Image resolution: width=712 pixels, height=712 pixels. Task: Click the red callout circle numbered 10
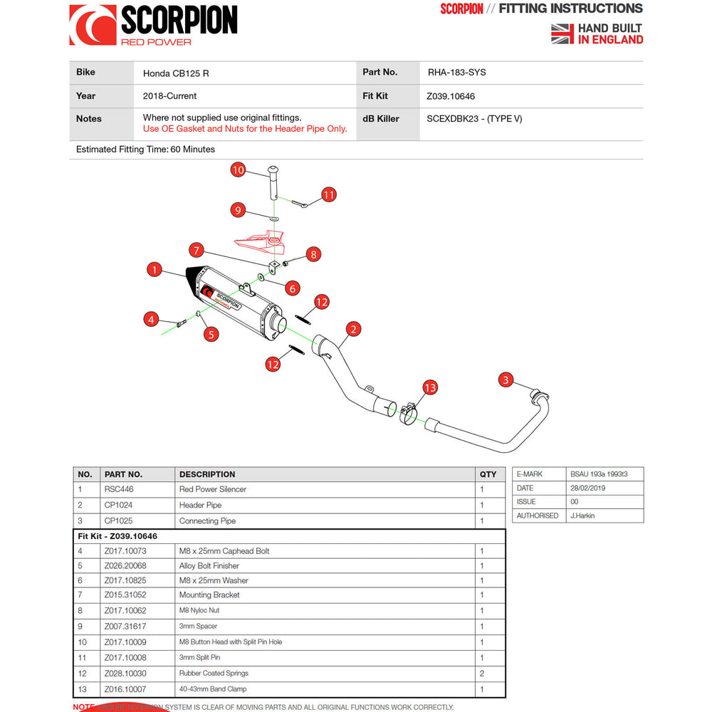coord(239,170)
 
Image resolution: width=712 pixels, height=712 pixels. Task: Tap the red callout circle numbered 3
coord(506,379)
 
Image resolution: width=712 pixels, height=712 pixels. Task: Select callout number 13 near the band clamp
coord(430,387)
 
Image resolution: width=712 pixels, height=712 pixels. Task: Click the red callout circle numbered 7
coord(197,250)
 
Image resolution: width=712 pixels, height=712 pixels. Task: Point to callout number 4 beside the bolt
coord(150,320)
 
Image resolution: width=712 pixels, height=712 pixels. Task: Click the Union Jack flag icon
coord(562,33)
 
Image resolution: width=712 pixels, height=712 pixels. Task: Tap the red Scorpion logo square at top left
coord(93,25)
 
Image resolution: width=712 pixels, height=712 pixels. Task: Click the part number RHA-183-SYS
coord(456,73)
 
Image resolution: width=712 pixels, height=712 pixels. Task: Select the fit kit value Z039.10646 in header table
coord(450,96)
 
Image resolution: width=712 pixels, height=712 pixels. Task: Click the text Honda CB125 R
coord(176,73)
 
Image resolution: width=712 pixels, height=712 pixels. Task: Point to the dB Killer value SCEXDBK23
coord(473,119)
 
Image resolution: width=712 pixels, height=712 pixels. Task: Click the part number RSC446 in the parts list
coord(119,490)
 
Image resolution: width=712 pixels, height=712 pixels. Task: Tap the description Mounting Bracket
coord(209,595)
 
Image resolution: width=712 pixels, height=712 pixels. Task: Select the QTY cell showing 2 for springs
coord(482,674)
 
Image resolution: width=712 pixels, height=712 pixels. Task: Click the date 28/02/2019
coord(589,488)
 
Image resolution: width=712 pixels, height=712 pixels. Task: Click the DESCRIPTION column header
coord(207,474)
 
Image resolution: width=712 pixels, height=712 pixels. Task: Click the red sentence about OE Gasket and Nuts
coord(245,129)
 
